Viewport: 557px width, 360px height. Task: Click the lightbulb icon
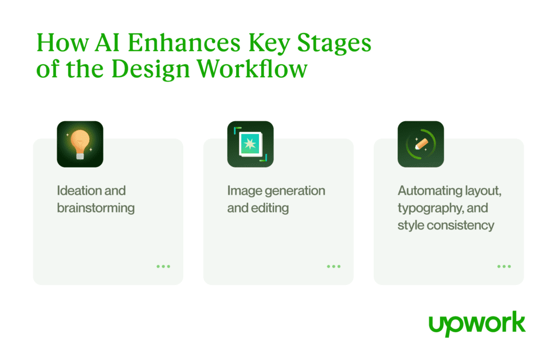80,144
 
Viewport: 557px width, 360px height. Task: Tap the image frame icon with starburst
250,144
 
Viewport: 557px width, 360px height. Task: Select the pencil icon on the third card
421,144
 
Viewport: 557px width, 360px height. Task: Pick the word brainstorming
96,208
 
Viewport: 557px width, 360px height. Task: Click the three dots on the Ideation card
163,266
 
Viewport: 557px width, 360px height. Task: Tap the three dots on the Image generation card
333,266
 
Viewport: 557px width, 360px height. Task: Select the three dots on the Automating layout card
504,266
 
